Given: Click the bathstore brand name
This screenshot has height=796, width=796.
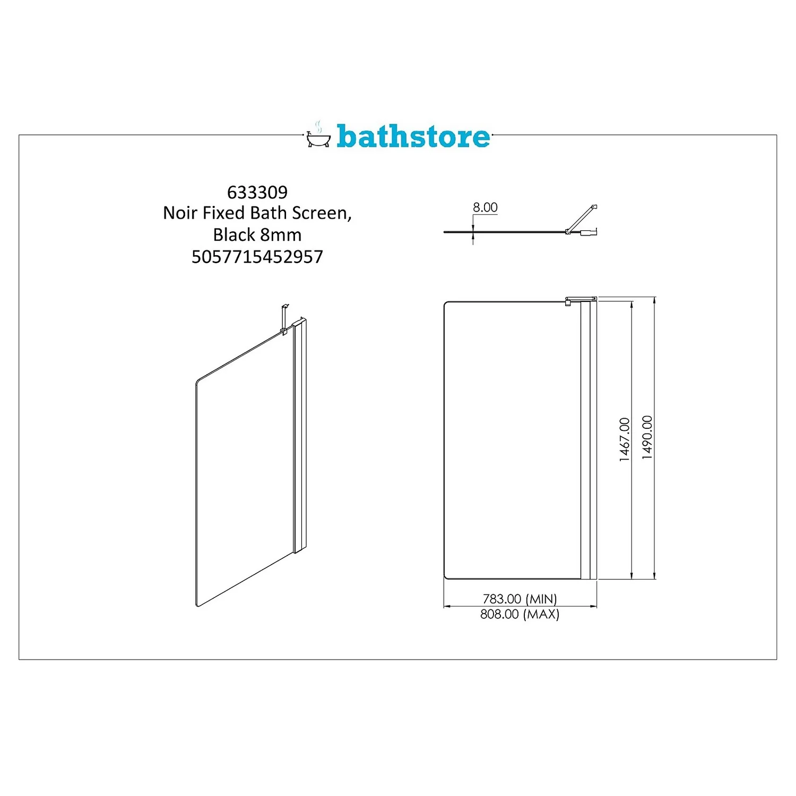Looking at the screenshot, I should (x=413, y=136).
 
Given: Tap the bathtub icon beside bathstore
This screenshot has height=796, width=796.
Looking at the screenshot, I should (x=318, y=137).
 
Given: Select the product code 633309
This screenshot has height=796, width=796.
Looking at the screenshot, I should (x=257, y=192).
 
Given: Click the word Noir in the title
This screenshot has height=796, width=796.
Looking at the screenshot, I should (x=180, y=213).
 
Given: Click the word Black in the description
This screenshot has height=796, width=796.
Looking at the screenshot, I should (x=234, y=235).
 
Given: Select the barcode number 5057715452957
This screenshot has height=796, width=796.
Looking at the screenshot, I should (x=257, y=257).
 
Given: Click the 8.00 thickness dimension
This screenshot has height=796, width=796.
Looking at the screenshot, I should (x=485, y=207).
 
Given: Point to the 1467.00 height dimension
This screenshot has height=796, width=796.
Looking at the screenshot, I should (x=625, y=439).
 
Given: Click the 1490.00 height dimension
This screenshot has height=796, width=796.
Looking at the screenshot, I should (x=647, y=437).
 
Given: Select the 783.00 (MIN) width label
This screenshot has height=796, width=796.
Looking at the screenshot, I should (x=520, y=599).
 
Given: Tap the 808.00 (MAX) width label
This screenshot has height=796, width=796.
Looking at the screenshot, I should (x=520, y=614).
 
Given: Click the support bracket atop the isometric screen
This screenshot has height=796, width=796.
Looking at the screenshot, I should (x=285, y=318).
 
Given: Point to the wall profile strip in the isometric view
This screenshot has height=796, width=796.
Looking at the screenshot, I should (x=300, y=435).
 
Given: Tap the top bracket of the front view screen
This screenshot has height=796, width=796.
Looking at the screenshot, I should (x=579, y=300).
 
